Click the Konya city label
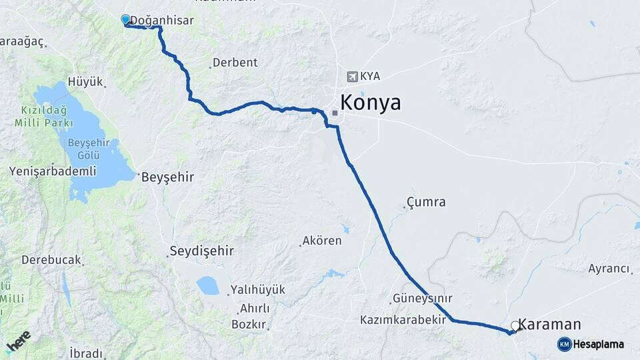pyautogui.click(x=371, y=103)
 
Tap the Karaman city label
pyautogui.click(x=549, y=325)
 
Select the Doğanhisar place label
pyautogui.click(x=163, y=21)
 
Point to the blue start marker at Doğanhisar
pyautogui.click(x=125, y=19)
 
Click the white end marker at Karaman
pyautogui.click(x=515, y=326)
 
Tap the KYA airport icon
pyautogui.click(x=351, y=76)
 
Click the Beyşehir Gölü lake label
pyautogui.click(x=92, y=149)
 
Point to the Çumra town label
pyautogui.click(x=427, y=202)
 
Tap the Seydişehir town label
pyautogui.click(x=201, y=252)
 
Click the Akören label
pyautogui.click(x=322, y=241)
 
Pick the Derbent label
pyautogui.click(x=235, y=63)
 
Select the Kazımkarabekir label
pyautogui.click(x=403, y=320)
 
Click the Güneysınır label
pyautogui.click(x=423, y=298)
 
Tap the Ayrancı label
pyautogui.click(x=609, y=269)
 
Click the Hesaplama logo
pyautogui.click(x=591, y=344)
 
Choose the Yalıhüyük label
pyautogui.click(x=257, y=290)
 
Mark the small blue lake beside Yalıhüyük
pyautogui.click(x=207, y=285)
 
